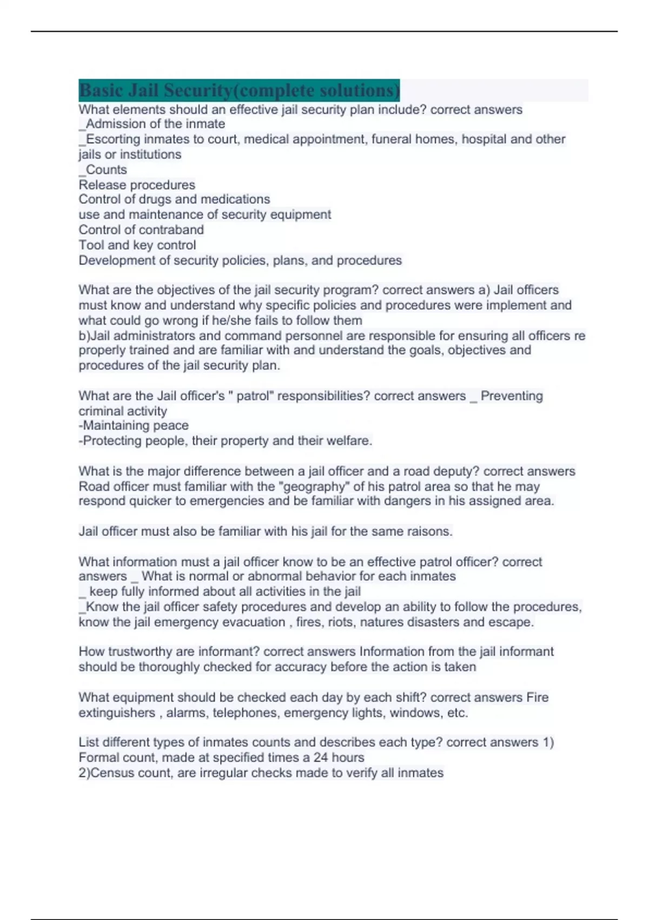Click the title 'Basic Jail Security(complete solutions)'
point(239,90)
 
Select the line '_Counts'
point(103,169)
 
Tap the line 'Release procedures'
point(137,185)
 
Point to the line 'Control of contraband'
point(141,229)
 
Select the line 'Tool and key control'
point(137,245)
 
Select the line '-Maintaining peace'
point(134,425)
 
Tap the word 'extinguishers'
point(117,713)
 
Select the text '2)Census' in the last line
point(103,773)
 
